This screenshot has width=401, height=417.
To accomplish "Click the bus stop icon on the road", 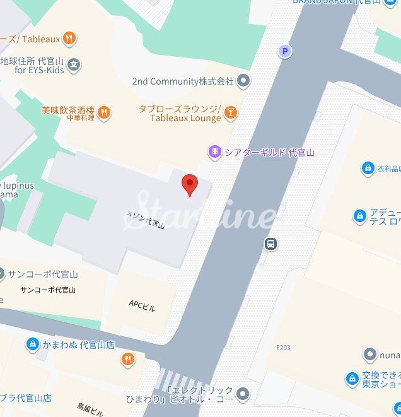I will click(x=271, y=244).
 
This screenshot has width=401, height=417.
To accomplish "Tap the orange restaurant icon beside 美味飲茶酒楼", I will click(x=104, y=113).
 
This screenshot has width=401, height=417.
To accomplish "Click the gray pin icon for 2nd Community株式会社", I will click(x=243, y=81).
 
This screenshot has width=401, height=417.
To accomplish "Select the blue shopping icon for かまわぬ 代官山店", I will click(x=33, y=344).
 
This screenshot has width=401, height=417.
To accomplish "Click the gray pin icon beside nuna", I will click(x=370, y=355).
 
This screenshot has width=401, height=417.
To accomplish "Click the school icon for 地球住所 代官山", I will click(x=74, y=64).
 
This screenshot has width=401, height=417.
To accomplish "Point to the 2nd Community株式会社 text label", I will click(x=183, y=81).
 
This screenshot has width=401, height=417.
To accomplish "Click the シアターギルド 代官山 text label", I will click(x=269, y=152).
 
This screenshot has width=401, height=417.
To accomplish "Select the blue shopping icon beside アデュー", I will click(x=360, y=216).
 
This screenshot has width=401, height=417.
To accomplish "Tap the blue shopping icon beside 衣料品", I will click(x=368, y=168).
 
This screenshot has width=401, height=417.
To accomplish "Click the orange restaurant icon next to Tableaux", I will click(x=70, y=38).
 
